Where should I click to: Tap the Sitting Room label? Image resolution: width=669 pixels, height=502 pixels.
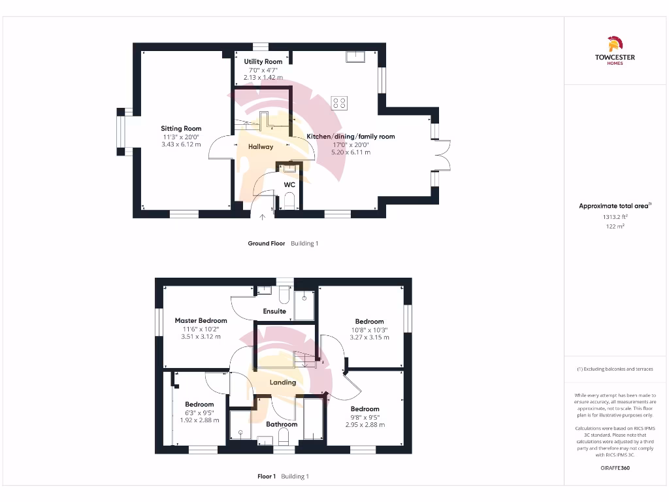click(x=181, y=129)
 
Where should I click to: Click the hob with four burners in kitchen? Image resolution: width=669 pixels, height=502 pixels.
click(x=340, y=103)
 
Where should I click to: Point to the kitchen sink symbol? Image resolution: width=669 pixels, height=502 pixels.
click(x=356, y=58)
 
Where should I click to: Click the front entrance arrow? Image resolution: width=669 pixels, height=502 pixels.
click(x=263, y=217)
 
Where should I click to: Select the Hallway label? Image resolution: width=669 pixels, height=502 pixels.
click(x=261, y=147)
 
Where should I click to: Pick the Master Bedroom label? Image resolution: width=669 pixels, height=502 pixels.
click(x=201, y=321)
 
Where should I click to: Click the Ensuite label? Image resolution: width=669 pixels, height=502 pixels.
click(x=274, y=311)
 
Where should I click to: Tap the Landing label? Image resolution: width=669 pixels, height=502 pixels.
click(x=283, y=382)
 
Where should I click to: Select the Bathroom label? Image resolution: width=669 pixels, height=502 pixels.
click(x=282, y=424)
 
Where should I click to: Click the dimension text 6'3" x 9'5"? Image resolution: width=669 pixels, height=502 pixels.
click(x=199, y=412)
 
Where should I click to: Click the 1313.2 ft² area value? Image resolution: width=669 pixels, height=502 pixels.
click(x=614, y=216)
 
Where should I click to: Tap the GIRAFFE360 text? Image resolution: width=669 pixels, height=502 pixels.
click(x=614, y=468)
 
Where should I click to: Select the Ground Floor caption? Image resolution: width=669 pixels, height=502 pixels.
click(x=267, y=244)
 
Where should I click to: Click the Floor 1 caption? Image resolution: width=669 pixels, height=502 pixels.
click(x=267, y=477)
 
